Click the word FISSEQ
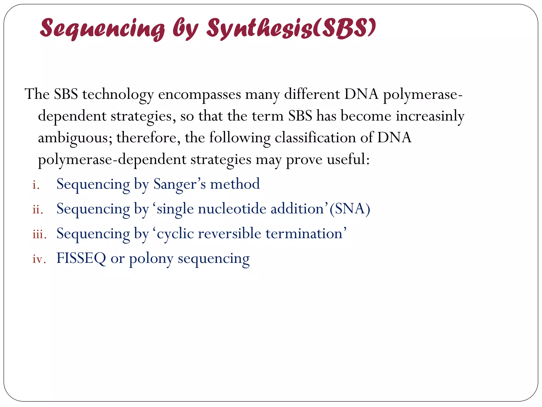(x=81, y=258)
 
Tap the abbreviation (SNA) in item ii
(x=350, y=209)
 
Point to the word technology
(x=118, y=95)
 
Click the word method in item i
(x=235, y=184)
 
